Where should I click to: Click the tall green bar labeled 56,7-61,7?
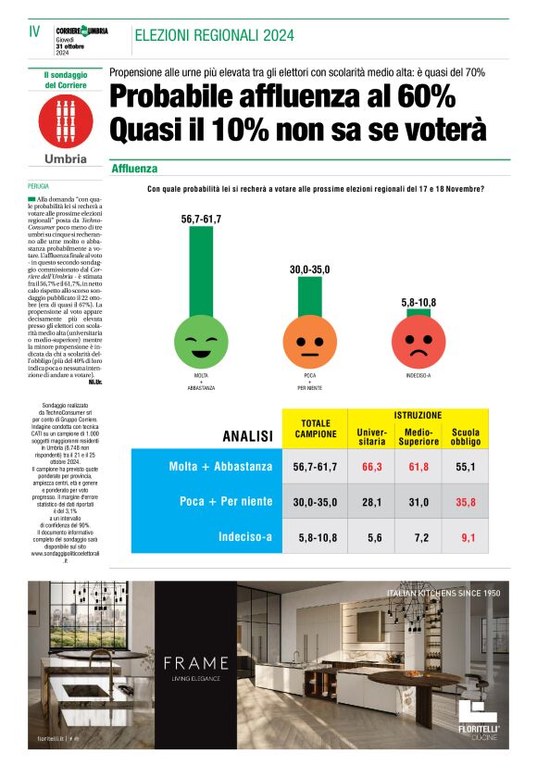click(x=201, y=270)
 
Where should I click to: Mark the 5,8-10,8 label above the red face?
click(x=418, y=303)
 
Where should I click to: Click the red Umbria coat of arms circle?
click(x=66, y=120)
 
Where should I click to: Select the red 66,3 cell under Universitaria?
click(x=373, y=467)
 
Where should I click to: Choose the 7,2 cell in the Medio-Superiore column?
click(x=418, y=535)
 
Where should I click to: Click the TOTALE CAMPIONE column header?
click(x=317, y=429)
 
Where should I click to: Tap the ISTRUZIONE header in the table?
click(x=418, y=415)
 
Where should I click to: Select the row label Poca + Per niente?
click(x=225, y=501)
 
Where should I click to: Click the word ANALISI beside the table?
click(x=247, y=435)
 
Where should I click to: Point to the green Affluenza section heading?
click(x=134, y=169)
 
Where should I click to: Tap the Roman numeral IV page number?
click(x=34, y=31)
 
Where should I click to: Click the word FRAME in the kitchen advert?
click(x=195, y=662)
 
